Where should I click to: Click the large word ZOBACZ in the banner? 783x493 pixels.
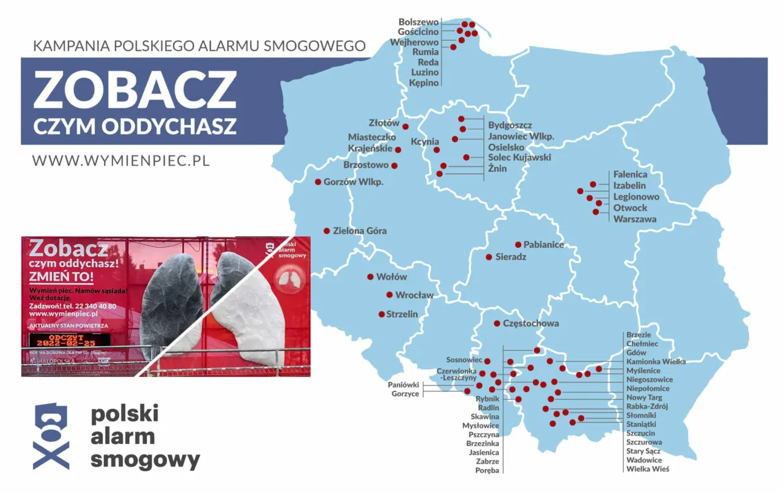pyautogui.click(x=135, y=89)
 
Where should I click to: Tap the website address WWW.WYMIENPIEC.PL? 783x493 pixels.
pyautogui.click(x=121, y=160)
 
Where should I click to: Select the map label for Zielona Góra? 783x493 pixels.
pyautogui.click(x=360, y=231)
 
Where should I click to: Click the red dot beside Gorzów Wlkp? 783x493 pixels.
pyautogui.click(x=318, y=182)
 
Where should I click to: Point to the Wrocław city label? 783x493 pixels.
pyautogui.click(x=414, y=295)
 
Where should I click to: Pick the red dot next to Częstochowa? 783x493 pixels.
pyautogui.click(x=497, y=324)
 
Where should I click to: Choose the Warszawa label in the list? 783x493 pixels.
pyautogui.click(x=635, y=219)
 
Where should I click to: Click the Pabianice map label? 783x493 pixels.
pyautogui.click(x=544, y=245)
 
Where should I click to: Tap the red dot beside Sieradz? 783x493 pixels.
pyautogui.click(x=489, y=257)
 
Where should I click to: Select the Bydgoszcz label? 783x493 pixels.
pyautogui.click(x=510, y=125)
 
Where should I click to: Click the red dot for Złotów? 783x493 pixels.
pyautogui.click(x=405, y=127)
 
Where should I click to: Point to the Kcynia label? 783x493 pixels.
pyautogui.click(x=425, y=142)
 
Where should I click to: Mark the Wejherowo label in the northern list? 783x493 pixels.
pyautogui.click(x=415, y=42)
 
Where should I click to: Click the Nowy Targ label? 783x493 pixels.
pyautogui.click(x=645, y=398)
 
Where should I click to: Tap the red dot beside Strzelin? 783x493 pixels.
pyautogui.click(x=382, y=314)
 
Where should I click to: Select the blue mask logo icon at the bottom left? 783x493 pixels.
pyautogui.click(x=50, y=436)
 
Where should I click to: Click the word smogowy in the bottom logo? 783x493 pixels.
pyautogui.click(x=146, y=459)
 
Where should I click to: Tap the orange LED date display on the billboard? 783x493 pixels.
pyautogui.click(x=70, y=340)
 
